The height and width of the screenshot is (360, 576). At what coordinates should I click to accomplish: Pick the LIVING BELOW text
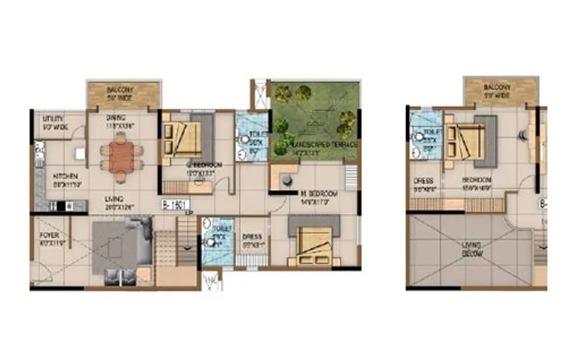[472, 251]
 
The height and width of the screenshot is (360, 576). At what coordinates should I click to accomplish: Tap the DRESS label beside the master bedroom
[251, 236]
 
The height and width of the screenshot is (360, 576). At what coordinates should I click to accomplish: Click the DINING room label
[117, 117]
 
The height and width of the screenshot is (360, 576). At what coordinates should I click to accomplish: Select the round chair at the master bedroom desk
[287, 178]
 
